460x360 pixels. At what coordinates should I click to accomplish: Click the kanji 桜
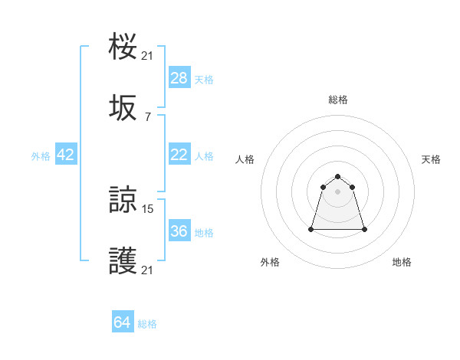pyautogui.click(x=123, y=47)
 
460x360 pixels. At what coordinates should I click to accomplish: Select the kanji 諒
pyautogui.click(x=123, y=201)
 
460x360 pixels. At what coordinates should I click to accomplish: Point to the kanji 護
pyautogui.click(x=123, y=262)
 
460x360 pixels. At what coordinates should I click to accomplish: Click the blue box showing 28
pyautogui.click(x=179, y=77)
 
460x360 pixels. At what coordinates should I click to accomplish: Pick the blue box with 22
pyautogui.click(x=179, y=155)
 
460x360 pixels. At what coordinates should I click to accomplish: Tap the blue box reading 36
pyautogui.click(x=179, y=231)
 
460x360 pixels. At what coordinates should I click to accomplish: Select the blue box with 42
pyautogui.click(x=66, y=155)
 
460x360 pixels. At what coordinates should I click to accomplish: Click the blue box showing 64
pyautogui.click(x=123, y=322)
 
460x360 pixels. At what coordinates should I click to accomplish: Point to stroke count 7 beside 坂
pyautogui.click(x=147, y=116)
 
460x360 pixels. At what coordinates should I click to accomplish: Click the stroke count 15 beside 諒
pyautogui.click(x=148, y=208)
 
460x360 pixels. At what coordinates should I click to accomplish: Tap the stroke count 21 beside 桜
pyautogui.click(x=148, y=55)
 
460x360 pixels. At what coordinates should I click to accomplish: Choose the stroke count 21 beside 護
pyautogui.click(x=148, y=270)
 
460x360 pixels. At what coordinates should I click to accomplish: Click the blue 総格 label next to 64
pyautogui.click(x=147, y=324)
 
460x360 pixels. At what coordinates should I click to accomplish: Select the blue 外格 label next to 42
pyautogui.click(x=41, y=155)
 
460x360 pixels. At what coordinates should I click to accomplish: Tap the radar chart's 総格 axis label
pyautogui.click(x=338, y=100)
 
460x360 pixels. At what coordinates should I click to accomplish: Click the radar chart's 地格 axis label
pyautogui.click(x=402, y=262)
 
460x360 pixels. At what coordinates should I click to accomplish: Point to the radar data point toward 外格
pyautogui.click(x=312, y=228)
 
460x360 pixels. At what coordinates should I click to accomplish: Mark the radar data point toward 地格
pyautogui.click(x=364, y=229)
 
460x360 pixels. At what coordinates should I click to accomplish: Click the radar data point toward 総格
pyautogui.click(x=338, y=176)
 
